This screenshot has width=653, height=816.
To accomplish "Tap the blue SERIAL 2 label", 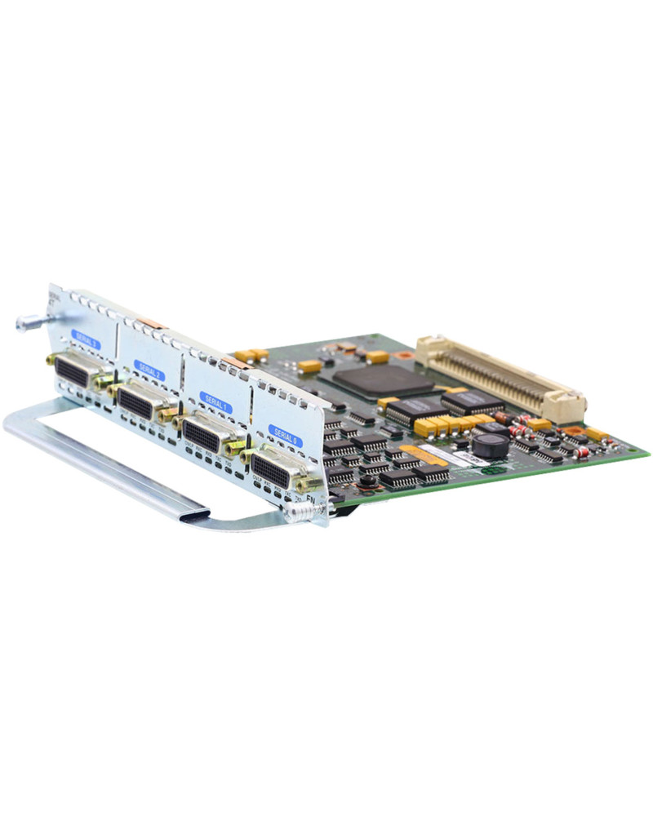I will [x=149, y=370].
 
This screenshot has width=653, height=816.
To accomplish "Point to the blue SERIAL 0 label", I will [x=285, y=436].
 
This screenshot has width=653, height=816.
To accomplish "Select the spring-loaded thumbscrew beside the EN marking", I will [x=302, y=512].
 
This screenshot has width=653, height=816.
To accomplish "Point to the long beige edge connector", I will [x=500, y=377].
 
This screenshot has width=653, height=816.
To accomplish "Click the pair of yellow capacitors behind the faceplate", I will [x=251, y=355].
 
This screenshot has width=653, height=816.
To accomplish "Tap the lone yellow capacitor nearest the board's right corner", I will [x=595, y=434].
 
